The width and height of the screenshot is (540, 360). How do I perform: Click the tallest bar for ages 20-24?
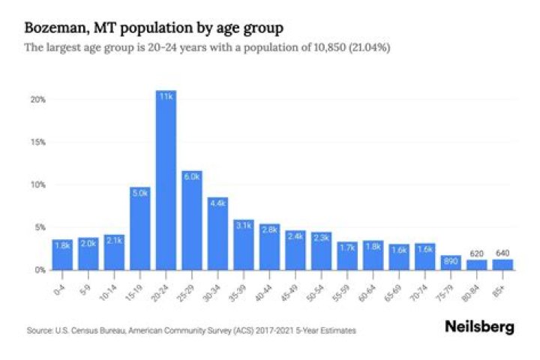click(x=166, y=180)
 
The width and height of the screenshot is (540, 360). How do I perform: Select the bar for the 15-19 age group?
click(x=139, y=229)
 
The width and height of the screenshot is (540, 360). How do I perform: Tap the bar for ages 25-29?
click(x=191, y=220)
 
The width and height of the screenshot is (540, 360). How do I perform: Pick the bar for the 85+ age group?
click(x=502, y=264)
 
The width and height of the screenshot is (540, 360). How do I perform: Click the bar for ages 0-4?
click(x=62, y=254)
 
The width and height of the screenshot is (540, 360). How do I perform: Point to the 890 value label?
click(x=451, y=262)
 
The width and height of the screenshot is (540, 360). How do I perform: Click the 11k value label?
click(x=166, y=96)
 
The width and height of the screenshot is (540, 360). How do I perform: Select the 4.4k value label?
click(x=217, y=202)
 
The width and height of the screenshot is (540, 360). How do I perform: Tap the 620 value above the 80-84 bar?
click(x=477, y=253)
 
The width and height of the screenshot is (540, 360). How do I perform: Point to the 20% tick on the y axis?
click(x=38, y=100)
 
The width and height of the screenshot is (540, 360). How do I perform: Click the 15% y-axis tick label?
click(x=38, y=142)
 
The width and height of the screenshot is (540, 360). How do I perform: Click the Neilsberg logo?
click(x=480, y=328)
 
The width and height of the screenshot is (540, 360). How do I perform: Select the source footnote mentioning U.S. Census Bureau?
click(x=191, y=330)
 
